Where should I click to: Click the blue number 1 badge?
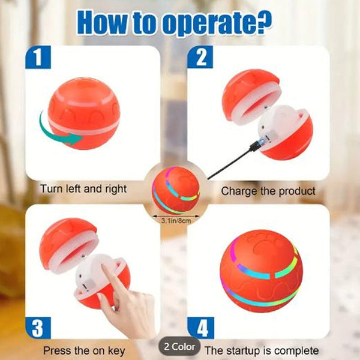(38, 57)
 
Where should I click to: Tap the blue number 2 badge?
(200, 57)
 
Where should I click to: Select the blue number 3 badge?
(38, 328)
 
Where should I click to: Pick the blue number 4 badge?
(200, 328)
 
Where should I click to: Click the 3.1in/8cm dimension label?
(176, 221)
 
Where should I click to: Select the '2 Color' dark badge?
(179, 347)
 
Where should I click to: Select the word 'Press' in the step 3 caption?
(57, 350)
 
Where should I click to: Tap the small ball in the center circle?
(176, 190)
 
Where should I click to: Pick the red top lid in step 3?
(68, 244)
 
